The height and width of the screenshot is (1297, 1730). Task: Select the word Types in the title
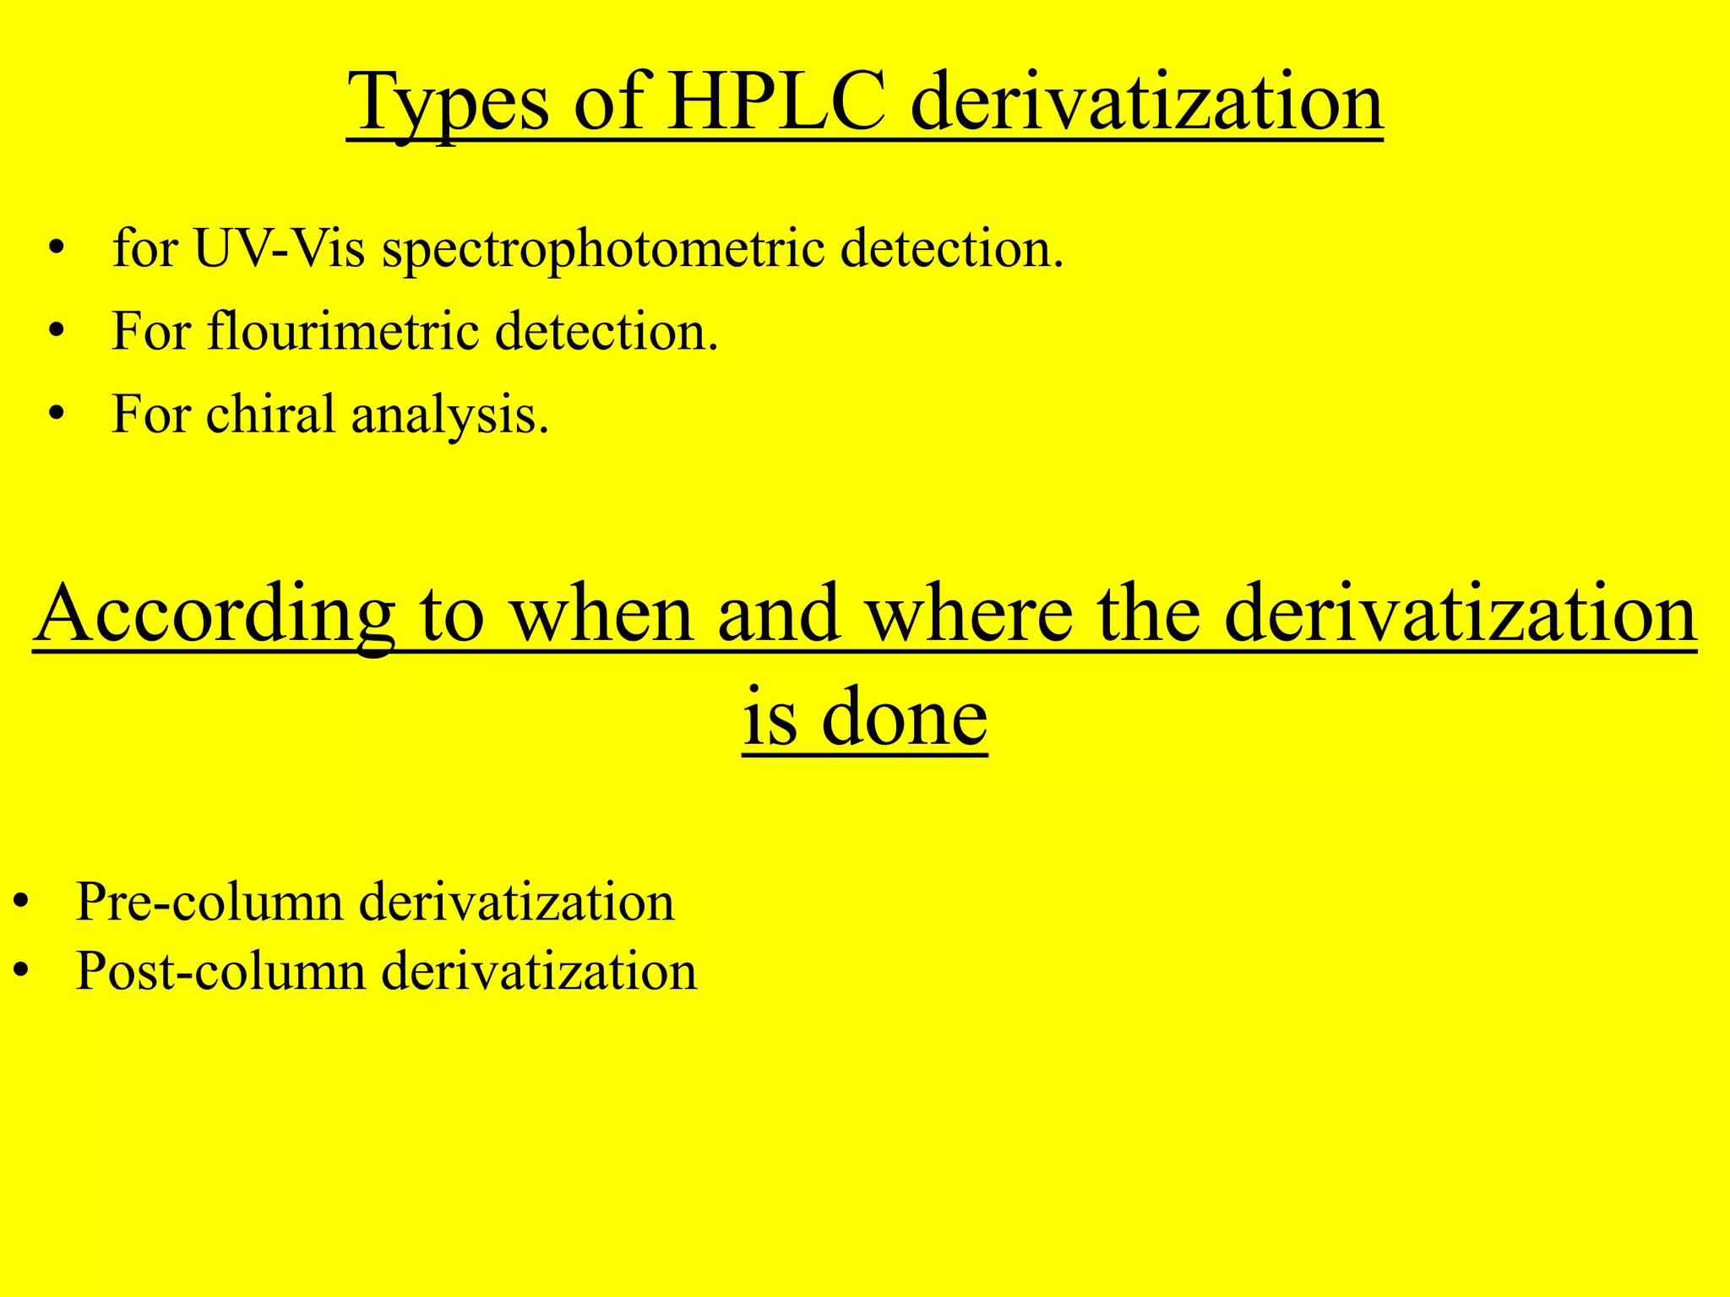(x=449, y=103)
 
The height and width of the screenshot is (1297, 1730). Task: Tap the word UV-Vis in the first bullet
(x=279, y=249)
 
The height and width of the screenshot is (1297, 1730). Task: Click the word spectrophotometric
(x=602, y=251)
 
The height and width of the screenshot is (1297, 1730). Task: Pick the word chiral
(x=270, y=415)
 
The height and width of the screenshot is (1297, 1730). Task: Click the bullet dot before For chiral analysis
(x=57, y=415)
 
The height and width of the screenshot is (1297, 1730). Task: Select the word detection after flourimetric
(x=607, y=331)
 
